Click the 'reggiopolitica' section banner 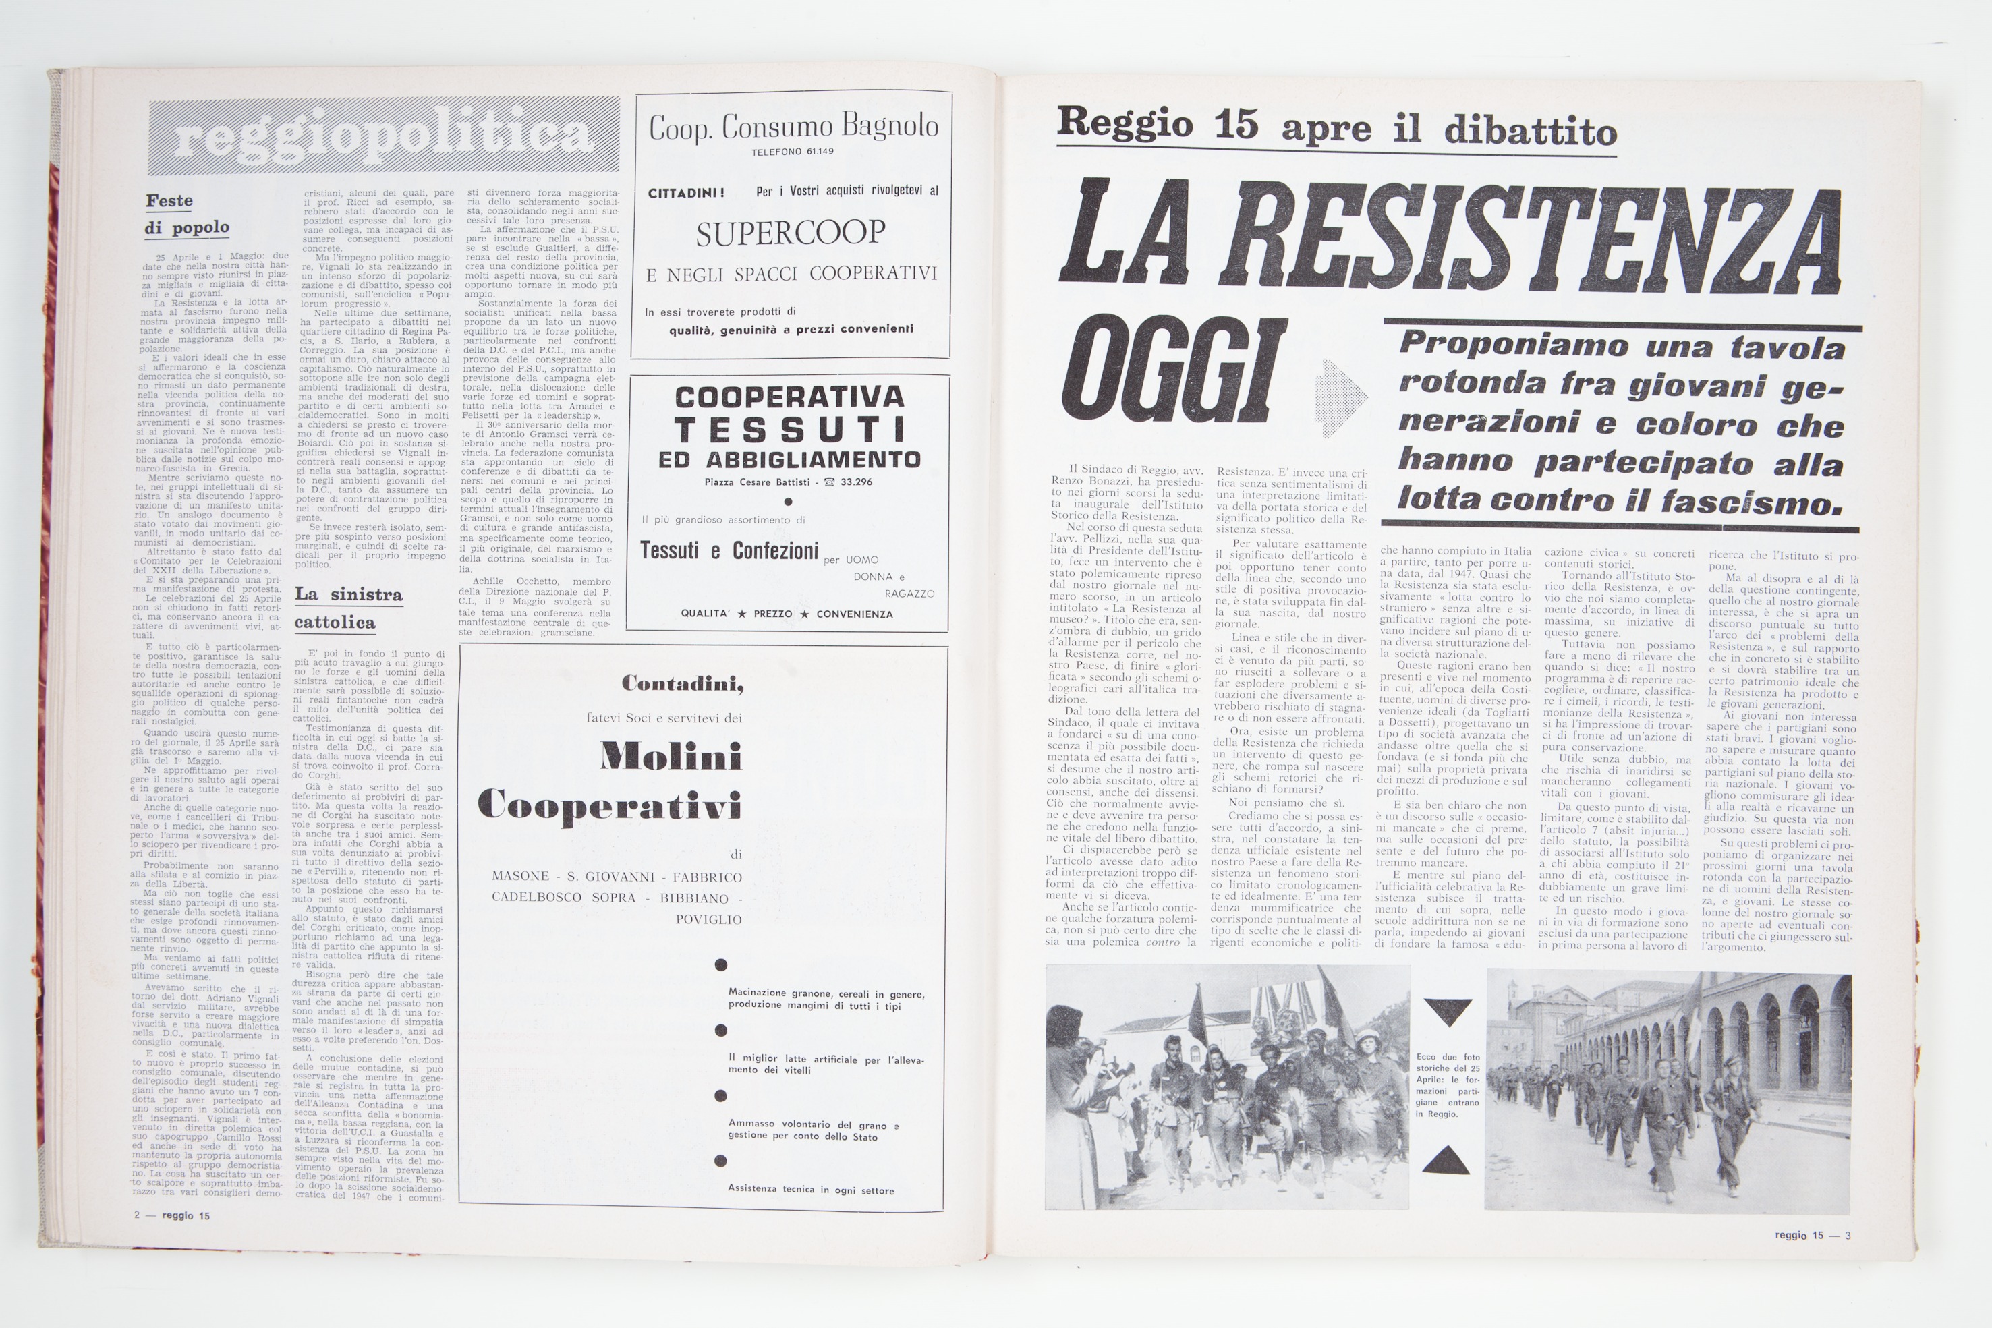click(x=384, y=137)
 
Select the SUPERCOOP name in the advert click(x=790, y=233)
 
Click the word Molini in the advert click(x=670, y=756)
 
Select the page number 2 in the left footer click(x=136, y=1215)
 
